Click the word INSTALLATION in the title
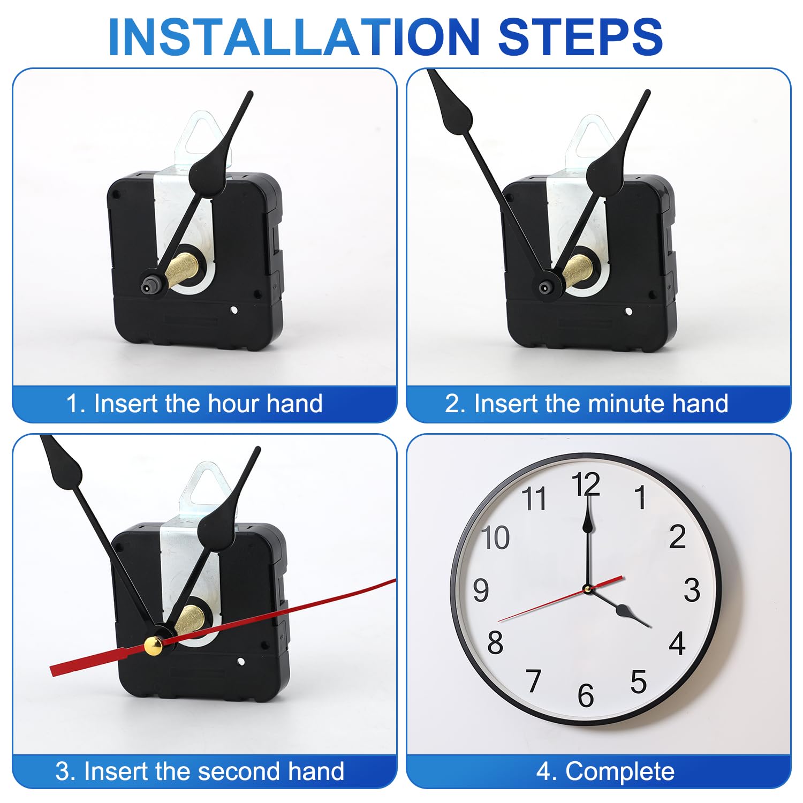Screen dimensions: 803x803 (x=294, y=37)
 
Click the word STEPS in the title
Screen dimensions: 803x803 (x=581, y=37)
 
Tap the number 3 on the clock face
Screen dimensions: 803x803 (x=692, y=590)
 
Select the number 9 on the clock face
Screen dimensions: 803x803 (x=481, y=590)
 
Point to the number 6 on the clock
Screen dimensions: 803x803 (x=586, y=695)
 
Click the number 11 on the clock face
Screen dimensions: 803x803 (x=534, y=498)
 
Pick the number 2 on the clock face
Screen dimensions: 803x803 (x=677, y=536)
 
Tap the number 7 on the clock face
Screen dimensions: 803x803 (x=533, y=681)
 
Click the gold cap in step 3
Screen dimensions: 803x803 (x=154, y=646)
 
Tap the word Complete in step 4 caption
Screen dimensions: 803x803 (x=620, y=772)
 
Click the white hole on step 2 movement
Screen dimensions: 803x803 (x=628, y=312)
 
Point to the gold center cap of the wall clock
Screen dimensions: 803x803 (x=587, y=589)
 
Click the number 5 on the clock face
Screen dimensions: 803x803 (x=638, y=682)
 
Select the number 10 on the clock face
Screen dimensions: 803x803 (x=495, y=537)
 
